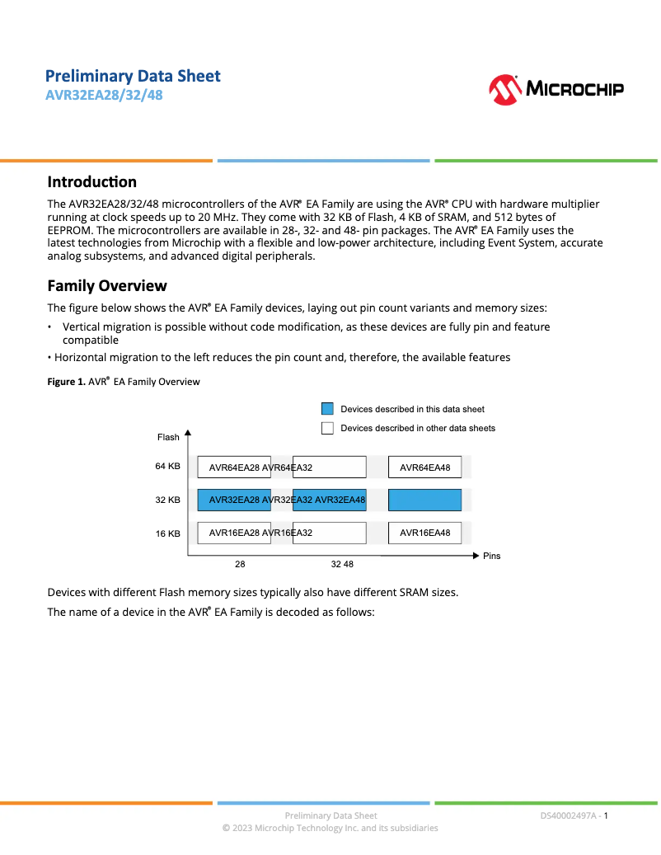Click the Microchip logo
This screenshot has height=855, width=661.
(556, 89)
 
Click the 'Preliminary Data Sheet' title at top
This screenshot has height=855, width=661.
(133, 76)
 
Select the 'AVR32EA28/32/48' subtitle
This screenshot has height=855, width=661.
(104, 95)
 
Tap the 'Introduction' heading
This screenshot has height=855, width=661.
(91, 181)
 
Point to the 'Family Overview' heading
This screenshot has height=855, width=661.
(107, 285)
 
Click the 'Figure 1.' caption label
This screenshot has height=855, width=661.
(66, 382)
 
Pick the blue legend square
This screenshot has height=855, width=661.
(327, 409)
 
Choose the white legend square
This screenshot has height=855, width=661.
(327, 428)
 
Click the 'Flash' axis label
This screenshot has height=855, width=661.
(168, 437)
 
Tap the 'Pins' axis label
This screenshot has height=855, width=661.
(491, 556)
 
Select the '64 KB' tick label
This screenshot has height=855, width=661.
(167, 467)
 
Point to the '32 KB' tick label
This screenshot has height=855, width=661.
(167, 500)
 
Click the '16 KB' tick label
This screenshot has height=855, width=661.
(167, 533)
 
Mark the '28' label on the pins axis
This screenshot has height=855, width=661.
(240, 565)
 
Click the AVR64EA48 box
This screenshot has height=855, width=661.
(424, 467)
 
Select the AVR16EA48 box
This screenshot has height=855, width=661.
(424, 533)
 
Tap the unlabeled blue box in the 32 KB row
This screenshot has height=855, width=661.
(424, 500)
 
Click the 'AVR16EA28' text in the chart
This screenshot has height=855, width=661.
(234, 533)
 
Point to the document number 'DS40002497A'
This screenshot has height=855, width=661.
(569, 815)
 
